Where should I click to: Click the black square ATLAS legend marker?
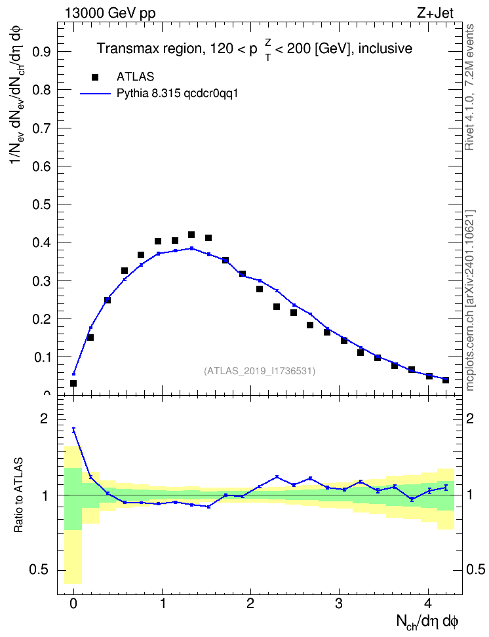(x=94, y=77)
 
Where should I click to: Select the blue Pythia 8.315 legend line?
(x=95, y=94)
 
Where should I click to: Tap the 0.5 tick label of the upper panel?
(x=42, y=204)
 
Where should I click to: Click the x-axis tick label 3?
(x=340, y=604)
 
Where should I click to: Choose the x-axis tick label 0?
(x=73, y=604)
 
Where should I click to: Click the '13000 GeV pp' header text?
(x=110, y=13)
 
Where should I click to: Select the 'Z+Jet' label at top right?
(x=435, y=13)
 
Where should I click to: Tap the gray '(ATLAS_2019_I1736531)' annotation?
(x=260, y=371)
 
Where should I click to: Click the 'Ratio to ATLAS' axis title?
(x=18, y=495)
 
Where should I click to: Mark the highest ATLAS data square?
(x=191, y=235)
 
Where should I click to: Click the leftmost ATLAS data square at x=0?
(x=73, y=383)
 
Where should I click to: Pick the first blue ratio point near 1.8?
(x=73, y=430)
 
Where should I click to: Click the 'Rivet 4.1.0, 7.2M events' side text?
(x=469, y=87)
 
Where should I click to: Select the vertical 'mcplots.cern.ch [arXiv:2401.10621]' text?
(x=470, y=301)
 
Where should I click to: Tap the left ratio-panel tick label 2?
(x=44, y=419)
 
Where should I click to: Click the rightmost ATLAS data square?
(x=446, y=380)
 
